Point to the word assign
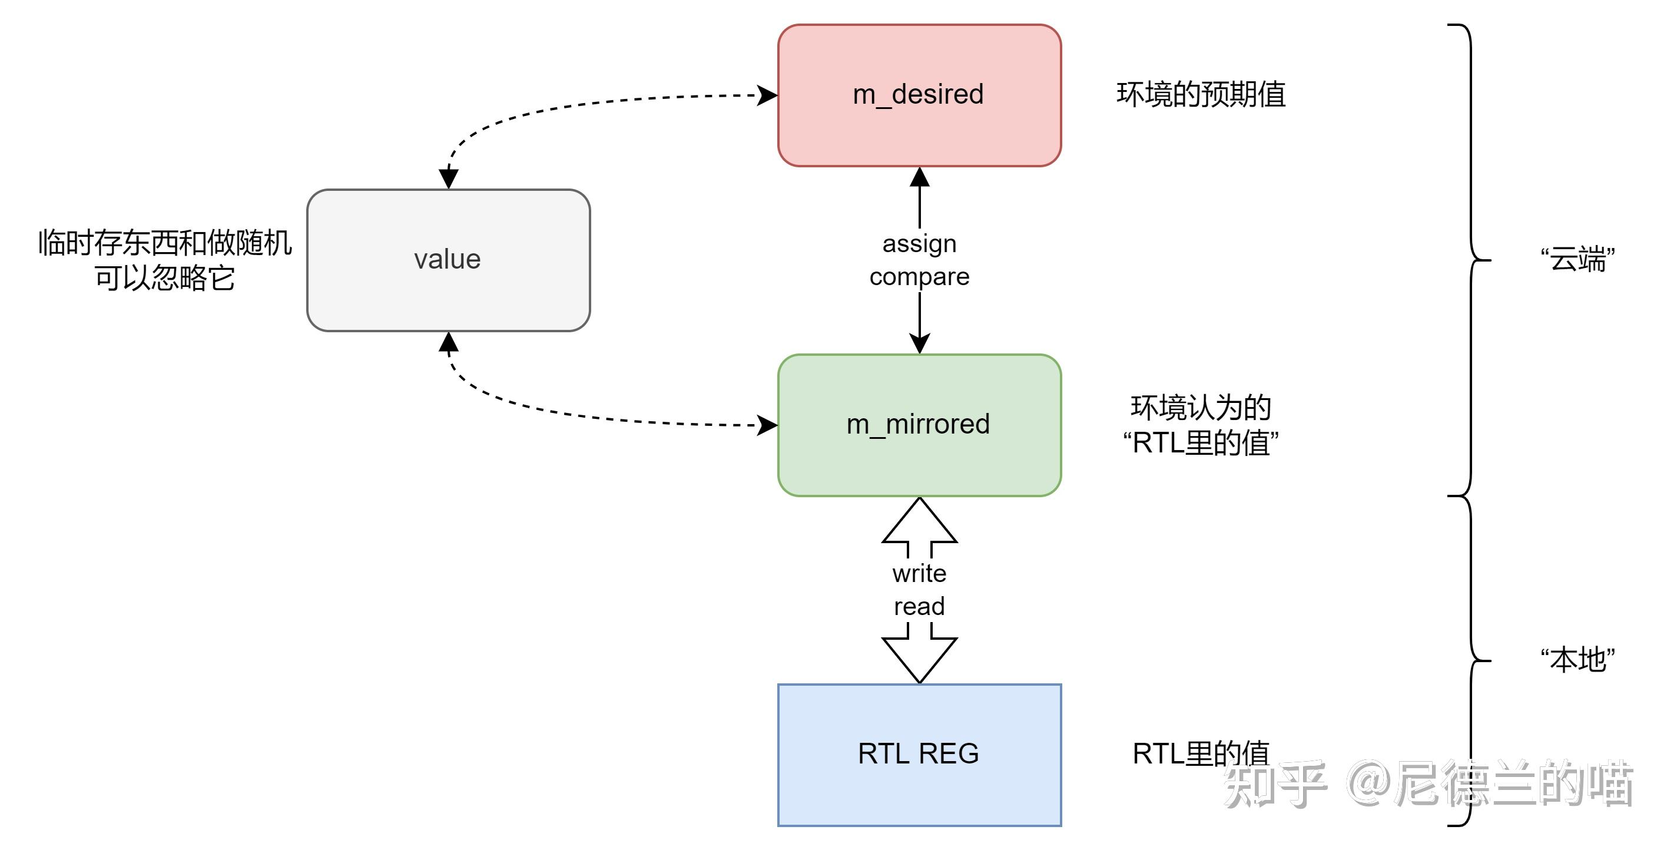[x=919, y=243]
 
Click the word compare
[x=919, y=277]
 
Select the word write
[x=919, y=573]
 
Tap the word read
[x=919, y=606]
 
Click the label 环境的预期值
[x=1201, y=94]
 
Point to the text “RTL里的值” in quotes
[x=1201, y=444]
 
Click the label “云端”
[x=1577, y=259]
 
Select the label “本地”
[x=1577, y=660]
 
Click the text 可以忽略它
[x=164, y=279]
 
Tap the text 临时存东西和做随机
[x=164, y=243]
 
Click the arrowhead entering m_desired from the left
[x=767, y=95]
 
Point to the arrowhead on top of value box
[x=449, y=178]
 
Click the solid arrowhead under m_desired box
[x=919, y=177]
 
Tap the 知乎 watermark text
[x=1275, y=785]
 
